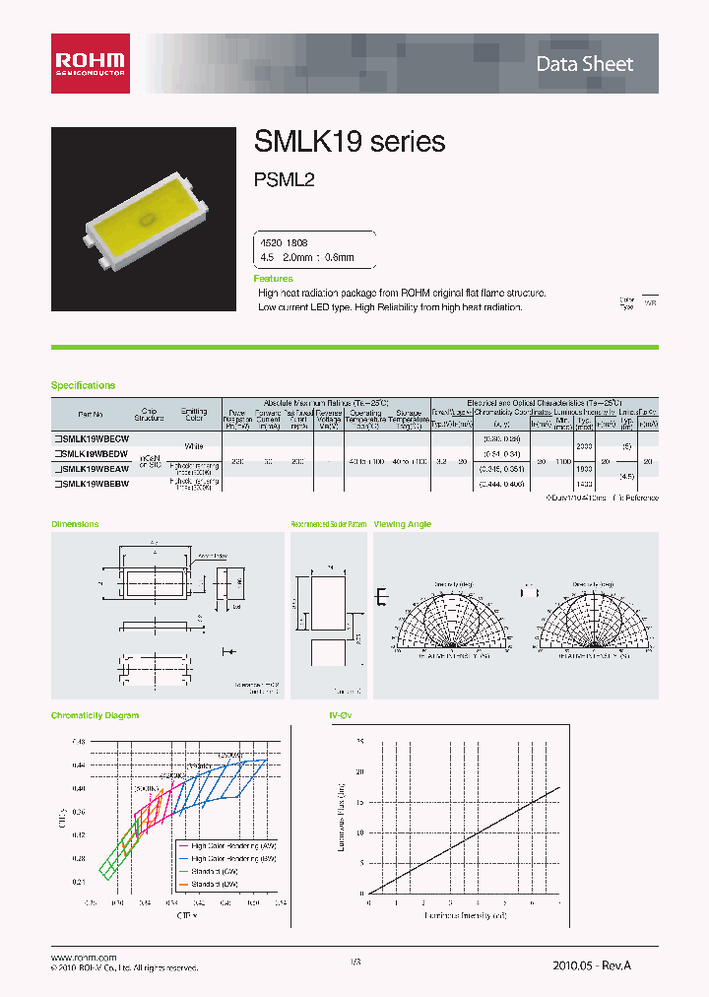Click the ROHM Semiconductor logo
tap(90, 63)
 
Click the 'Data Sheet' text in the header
tap(584, 64)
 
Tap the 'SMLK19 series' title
tap(350, 142)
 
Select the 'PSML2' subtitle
tap(284, 181)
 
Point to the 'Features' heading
tap(274, 279)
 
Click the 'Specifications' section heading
tap(84, 385)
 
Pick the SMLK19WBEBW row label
tap(95, 485)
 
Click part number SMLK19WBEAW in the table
tap(95, 470)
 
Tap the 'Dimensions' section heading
tap(75, 524)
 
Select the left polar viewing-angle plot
tap(453, 621)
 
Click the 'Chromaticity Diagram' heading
tap(95, 715)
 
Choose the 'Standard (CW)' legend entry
tap(212, 871)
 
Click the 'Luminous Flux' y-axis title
tap(338, 817)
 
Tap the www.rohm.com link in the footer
tap(83, 957)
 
